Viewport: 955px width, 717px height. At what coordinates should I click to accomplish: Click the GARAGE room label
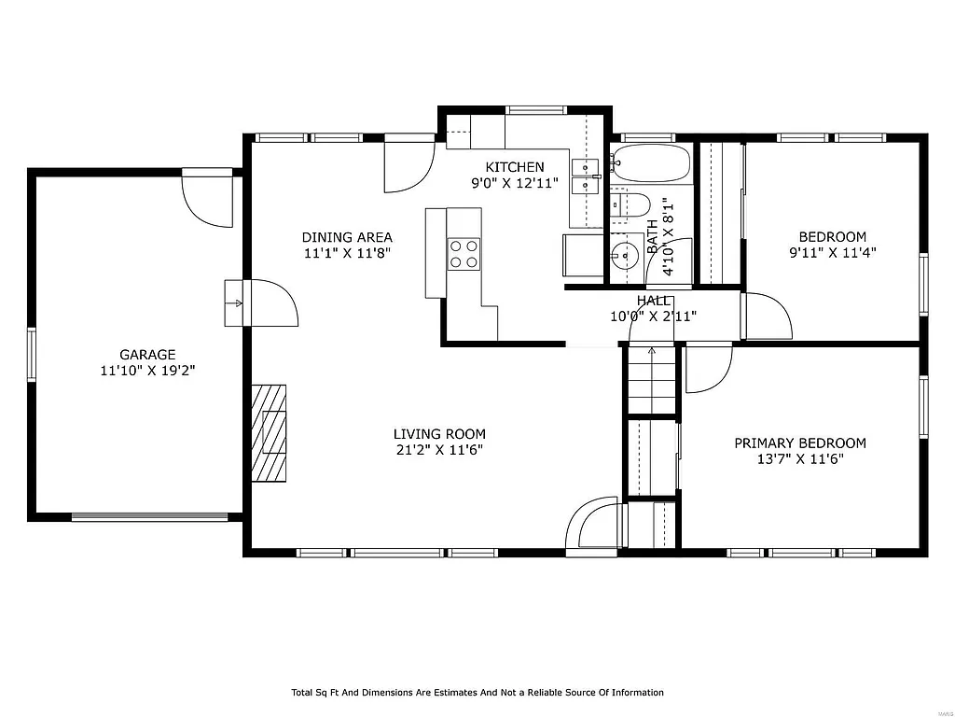(147, 355)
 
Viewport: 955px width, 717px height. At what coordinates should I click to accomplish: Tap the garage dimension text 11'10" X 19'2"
(147, 371)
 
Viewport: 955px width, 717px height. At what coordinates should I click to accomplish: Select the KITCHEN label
(514, 167)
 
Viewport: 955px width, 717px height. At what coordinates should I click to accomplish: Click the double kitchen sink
(586, 176)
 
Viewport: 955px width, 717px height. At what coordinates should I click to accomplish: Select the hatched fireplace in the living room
(269, 433)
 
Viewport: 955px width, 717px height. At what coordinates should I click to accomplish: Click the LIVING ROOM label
(439, 434)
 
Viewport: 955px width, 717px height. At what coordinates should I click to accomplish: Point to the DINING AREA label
(347, 237)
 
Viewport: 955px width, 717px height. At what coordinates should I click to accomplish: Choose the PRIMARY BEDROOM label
(799, 443)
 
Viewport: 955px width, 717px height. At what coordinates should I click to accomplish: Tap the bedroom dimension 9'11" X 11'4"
(832, 252)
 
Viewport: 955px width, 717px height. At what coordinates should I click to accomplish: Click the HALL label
(653, 301)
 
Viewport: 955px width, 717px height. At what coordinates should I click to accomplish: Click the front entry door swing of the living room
(593, 525)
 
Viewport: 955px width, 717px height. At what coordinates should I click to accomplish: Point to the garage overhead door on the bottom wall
(150, 515)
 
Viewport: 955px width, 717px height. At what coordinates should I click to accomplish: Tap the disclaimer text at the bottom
(477, 693)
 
